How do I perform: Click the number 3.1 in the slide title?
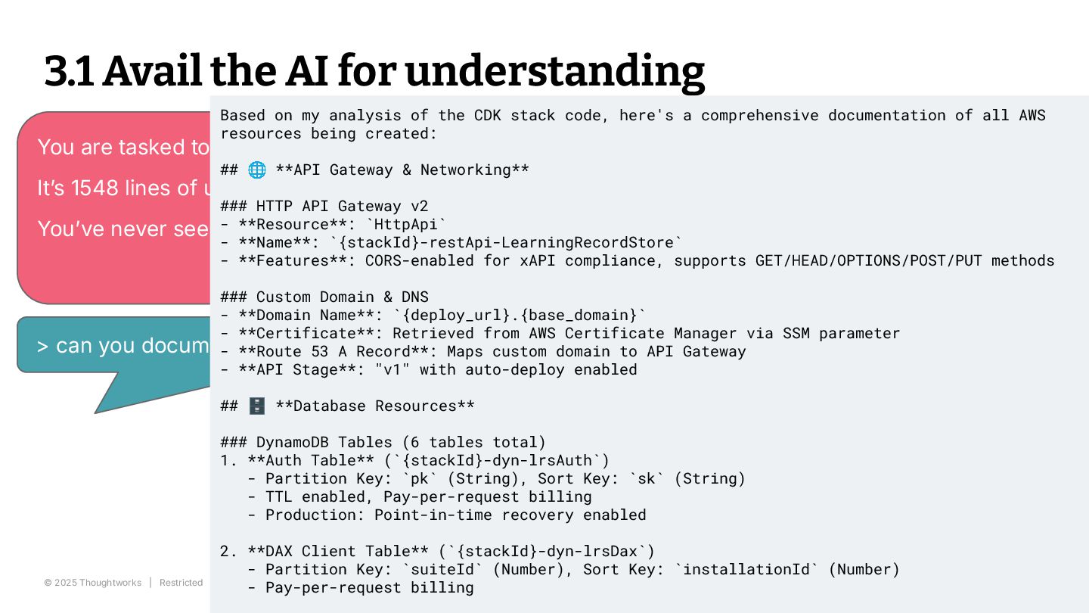[69, 71]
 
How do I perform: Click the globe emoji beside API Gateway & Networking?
[257, 170]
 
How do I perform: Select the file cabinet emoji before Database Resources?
[257, 406]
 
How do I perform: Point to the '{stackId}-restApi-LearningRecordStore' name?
[506, 242]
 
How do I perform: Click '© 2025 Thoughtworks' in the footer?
[92, 583]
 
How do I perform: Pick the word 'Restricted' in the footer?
[181, 583]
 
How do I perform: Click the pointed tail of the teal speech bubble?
[102, 407]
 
